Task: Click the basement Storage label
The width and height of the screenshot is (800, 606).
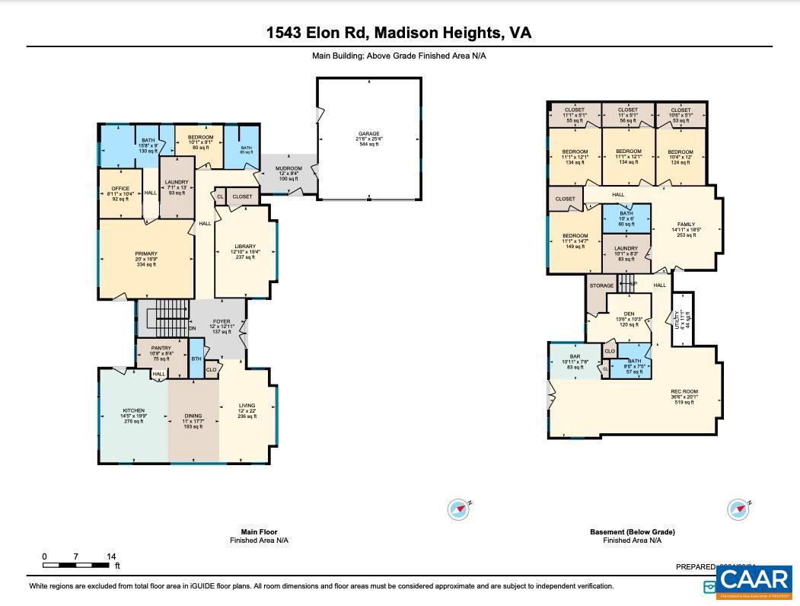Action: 601,285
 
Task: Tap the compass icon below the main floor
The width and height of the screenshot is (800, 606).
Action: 458,509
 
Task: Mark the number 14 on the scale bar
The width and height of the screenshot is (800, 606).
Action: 111,557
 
